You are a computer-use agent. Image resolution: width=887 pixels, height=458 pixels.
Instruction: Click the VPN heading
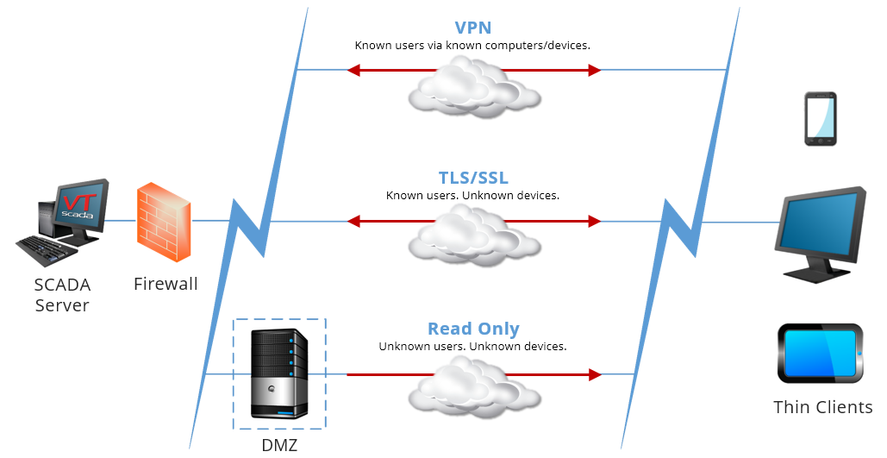472,28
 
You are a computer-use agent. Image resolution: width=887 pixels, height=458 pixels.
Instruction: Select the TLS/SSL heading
472,178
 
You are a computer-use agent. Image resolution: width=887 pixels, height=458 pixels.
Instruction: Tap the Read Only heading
473,329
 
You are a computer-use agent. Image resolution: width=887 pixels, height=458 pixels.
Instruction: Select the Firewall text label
166,284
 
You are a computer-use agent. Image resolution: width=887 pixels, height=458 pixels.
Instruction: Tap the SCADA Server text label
62,295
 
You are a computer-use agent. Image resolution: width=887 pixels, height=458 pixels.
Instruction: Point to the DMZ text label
279,445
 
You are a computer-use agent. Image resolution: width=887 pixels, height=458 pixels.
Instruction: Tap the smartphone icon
820,118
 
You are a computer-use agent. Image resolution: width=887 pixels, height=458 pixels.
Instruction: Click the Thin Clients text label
822,406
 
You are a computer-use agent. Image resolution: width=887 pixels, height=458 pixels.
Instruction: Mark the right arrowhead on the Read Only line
594,375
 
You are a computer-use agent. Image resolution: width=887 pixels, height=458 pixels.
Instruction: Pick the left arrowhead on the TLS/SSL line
353,222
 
